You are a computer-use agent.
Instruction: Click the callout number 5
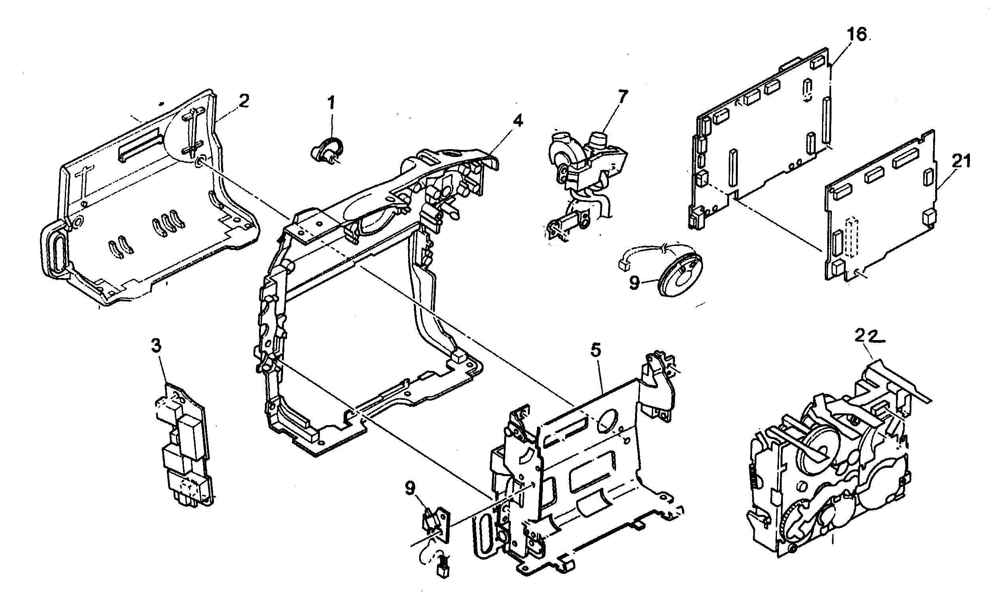point(595,351)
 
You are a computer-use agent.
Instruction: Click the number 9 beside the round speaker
point(635,284)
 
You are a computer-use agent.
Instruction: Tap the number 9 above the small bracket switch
point(410,488)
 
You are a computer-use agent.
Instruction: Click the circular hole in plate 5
point(607,422)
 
